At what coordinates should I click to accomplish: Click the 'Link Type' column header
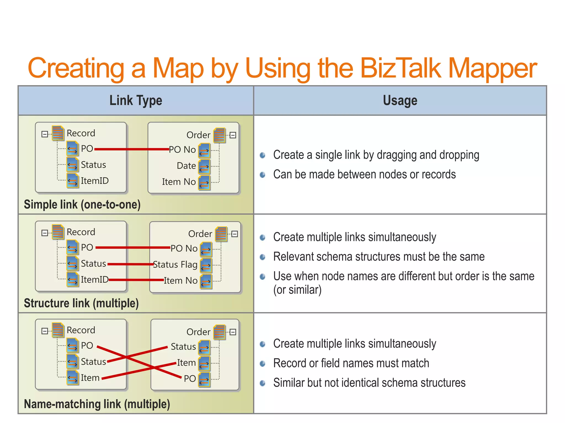coord(136,101)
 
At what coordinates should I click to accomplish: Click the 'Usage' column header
coord(400,101)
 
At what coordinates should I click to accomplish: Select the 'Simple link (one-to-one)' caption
coord(82,205)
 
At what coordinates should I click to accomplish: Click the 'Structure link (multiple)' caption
coord(81,303)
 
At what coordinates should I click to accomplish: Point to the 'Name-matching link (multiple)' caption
coord(97,404)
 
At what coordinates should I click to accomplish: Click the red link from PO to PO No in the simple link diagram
coord(132,149)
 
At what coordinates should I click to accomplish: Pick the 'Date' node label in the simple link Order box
coord(186,166)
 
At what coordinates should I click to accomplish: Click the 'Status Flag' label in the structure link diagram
coord(175,264)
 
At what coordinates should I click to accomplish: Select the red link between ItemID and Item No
coord(136,280)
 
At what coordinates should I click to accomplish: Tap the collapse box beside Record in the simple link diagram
coord(44,134)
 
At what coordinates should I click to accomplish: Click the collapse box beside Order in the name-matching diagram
coord(233,332)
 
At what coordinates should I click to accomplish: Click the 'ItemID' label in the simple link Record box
coord(95,181)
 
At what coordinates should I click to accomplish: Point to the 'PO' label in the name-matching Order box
coord(190,378)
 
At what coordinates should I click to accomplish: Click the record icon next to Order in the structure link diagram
coord(221,234)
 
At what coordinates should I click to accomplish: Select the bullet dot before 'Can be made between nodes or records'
coord(263,175)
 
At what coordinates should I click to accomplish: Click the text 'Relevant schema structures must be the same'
coord(379,257)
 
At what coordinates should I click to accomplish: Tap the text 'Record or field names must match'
coord(351,363)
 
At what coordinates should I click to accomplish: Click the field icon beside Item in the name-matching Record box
coord(73,378)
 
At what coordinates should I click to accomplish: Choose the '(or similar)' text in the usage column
coord(297,290)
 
